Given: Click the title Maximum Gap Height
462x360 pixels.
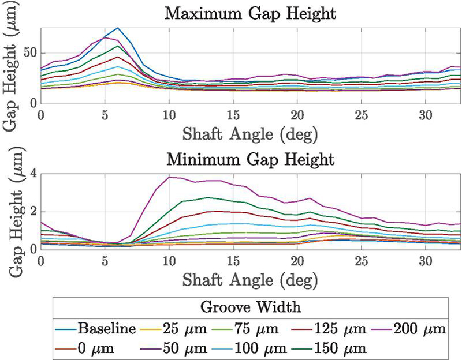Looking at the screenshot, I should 251,13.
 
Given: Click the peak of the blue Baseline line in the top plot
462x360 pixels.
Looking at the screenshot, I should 118,28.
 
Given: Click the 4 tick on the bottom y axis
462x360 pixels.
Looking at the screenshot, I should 33,173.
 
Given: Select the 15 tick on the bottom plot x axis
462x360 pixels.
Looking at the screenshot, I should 233,261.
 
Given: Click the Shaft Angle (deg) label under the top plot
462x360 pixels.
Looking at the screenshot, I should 251,134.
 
